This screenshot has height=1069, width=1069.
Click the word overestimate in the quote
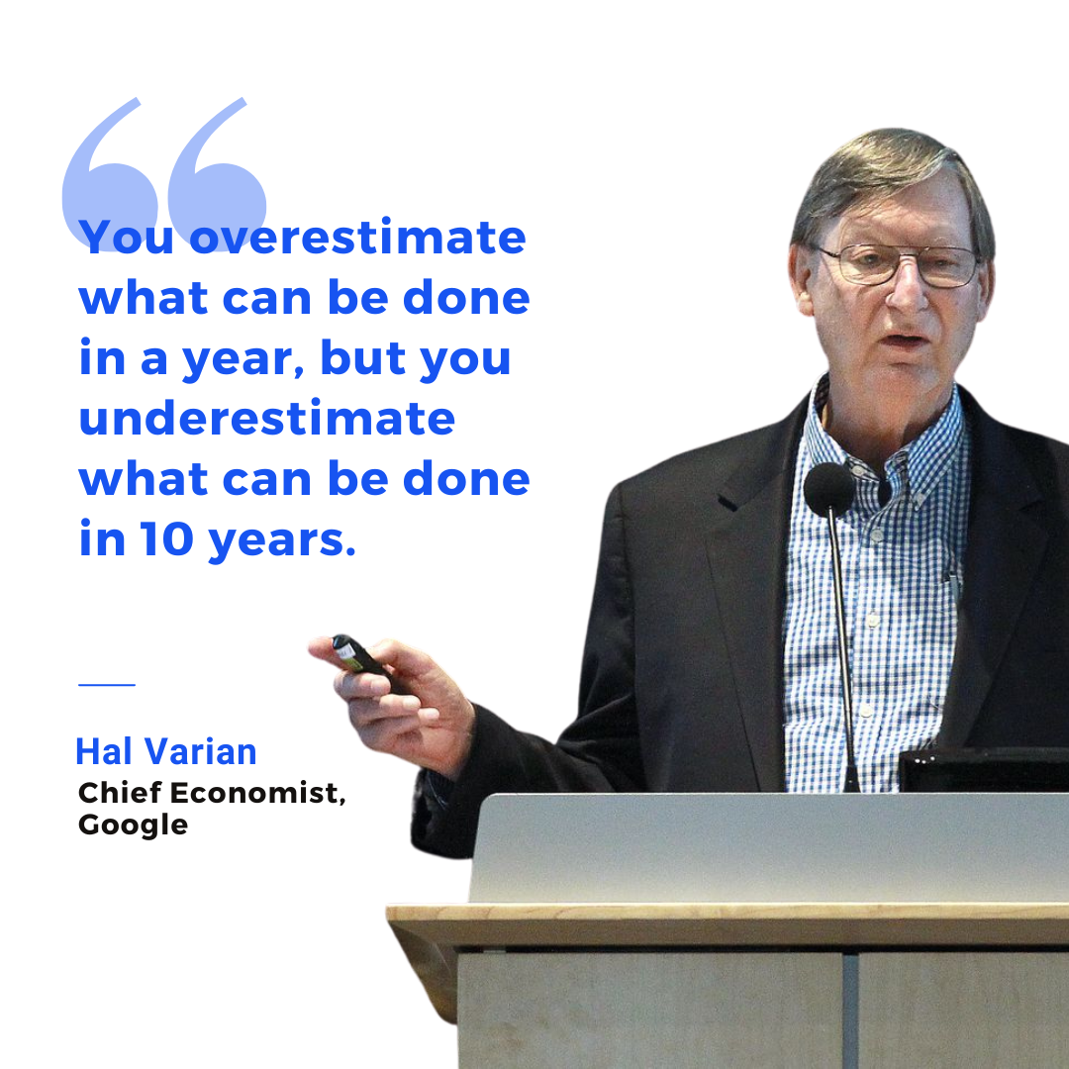357,237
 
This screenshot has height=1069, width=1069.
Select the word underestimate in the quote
267,418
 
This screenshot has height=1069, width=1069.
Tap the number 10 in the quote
167,538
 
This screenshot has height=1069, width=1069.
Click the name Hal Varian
165,751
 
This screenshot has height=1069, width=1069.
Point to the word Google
133,826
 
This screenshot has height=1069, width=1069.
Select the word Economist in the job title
257,793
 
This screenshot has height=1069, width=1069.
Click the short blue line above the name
107,684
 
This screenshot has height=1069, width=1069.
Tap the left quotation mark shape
109,174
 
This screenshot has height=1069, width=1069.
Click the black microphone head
828,488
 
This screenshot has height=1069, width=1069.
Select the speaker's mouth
906,339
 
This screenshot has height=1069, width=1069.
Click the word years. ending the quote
282,540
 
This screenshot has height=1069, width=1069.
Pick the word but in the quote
362,356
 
